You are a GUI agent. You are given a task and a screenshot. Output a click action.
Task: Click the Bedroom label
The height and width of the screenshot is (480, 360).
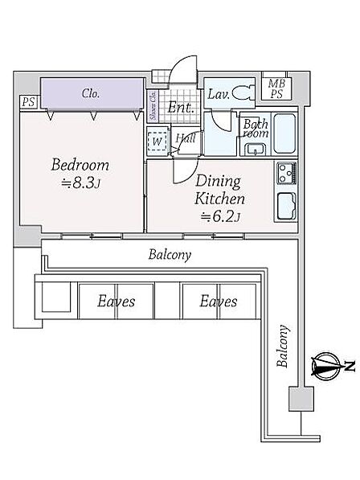(x=80, y=165)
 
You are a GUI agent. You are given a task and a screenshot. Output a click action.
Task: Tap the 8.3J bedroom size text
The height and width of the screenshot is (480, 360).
(x=80, y=183)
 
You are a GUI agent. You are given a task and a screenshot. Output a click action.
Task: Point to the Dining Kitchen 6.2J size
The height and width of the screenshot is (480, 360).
(x=220, y=217)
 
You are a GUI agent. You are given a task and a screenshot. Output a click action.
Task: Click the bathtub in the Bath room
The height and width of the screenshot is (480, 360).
(x=284, y=133)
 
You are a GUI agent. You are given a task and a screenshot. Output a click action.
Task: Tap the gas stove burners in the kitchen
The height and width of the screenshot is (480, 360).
(x=287, y=173)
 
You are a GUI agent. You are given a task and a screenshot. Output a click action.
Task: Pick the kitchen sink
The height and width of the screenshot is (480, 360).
(x=287, y=207)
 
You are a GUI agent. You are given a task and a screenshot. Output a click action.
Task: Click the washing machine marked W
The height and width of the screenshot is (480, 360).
(x=157, y=142)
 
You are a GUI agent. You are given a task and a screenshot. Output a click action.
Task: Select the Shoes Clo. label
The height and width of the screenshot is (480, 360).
(x=153, y=106)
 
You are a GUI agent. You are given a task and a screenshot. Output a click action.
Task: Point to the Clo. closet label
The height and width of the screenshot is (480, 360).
(x=91, y=93)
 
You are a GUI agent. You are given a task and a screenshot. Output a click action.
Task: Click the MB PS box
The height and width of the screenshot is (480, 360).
(x=276, y=88)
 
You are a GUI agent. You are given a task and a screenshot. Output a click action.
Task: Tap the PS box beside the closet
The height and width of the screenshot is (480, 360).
(x=28, y=101)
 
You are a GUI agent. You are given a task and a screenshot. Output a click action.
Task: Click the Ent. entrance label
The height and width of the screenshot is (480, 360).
(x=181, y=108)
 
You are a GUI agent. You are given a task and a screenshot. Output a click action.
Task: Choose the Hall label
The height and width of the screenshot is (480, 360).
(x=186, y=138)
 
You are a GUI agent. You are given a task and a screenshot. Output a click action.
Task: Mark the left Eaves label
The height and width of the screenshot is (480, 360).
(x=117, y=302)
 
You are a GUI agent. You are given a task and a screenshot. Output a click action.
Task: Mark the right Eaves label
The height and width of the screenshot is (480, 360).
(x=219, y=302)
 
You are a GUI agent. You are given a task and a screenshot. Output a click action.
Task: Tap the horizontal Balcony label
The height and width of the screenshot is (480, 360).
(x=170, y=255)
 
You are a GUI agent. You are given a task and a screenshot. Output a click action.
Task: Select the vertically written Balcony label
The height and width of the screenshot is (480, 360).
(x=282, y=346)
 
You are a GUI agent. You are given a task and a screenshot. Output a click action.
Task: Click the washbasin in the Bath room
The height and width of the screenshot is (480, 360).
(x=255, y=149)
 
